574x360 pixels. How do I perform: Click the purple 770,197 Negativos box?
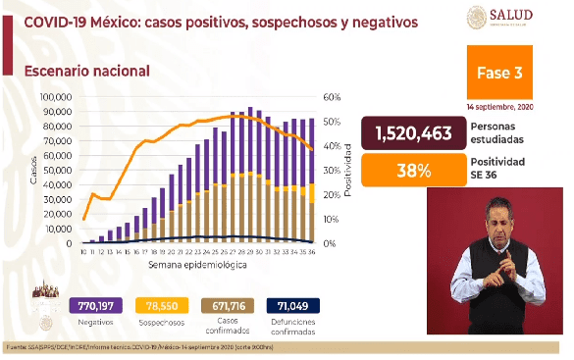96,306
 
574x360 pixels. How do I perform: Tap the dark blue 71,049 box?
292,306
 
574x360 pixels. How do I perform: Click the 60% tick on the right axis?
331,98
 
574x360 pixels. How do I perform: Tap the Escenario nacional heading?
87,71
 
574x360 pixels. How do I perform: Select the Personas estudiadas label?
496,132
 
